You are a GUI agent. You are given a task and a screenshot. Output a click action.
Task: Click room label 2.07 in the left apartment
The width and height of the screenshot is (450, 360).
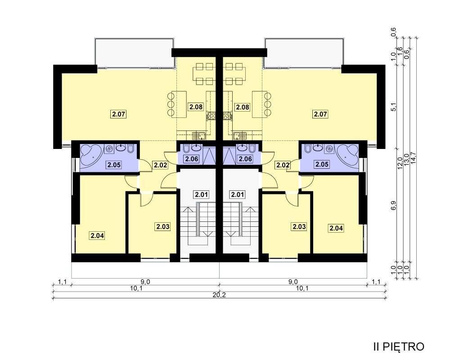point(118,114)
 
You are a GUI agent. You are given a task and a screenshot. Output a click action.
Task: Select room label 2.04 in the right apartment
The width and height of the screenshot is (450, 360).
point(336,228)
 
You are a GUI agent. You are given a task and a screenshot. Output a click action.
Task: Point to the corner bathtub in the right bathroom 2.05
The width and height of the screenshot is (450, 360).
point(347,155)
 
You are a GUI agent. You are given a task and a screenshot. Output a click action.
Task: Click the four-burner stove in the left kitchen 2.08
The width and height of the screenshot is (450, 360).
point(211,116)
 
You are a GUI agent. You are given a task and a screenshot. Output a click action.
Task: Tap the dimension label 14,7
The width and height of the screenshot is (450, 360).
point(413,157)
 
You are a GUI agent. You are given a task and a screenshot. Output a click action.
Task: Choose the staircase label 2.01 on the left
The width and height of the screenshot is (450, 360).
point(201,194)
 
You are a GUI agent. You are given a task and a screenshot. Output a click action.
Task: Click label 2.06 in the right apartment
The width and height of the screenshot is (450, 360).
point(245,158)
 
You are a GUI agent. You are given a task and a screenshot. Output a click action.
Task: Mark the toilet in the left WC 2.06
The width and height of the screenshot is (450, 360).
point(185,148)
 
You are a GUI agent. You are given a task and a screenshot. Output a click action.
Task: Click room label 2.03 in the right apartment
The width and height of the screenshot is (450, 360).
point(299,226)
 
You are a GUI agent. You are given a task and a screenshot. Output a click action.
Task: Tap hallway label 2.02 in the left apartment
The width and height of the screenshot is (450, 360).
point(161,165)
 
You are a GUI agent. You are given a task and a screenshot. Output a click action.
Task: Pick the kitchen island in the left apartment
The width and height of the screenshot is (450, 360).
point(179,104)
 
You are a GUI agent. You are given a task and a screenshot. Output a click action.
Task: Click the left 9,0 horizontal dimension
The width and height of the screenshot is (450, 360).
point(146,282)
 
